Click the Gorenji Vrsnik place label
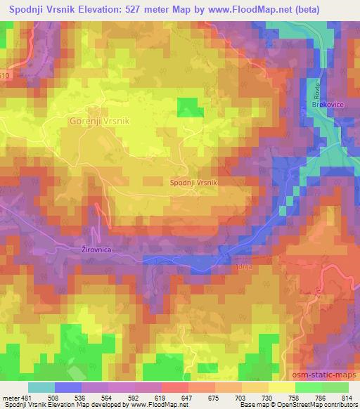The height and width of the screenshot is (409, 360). (100, 121)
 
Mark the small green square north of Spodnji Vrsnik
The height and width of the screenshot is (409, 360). (187, 108)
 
